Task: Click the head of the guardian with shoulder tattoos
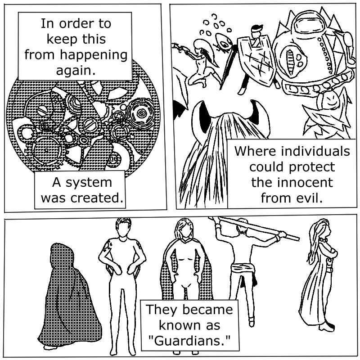pos(122,228)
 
